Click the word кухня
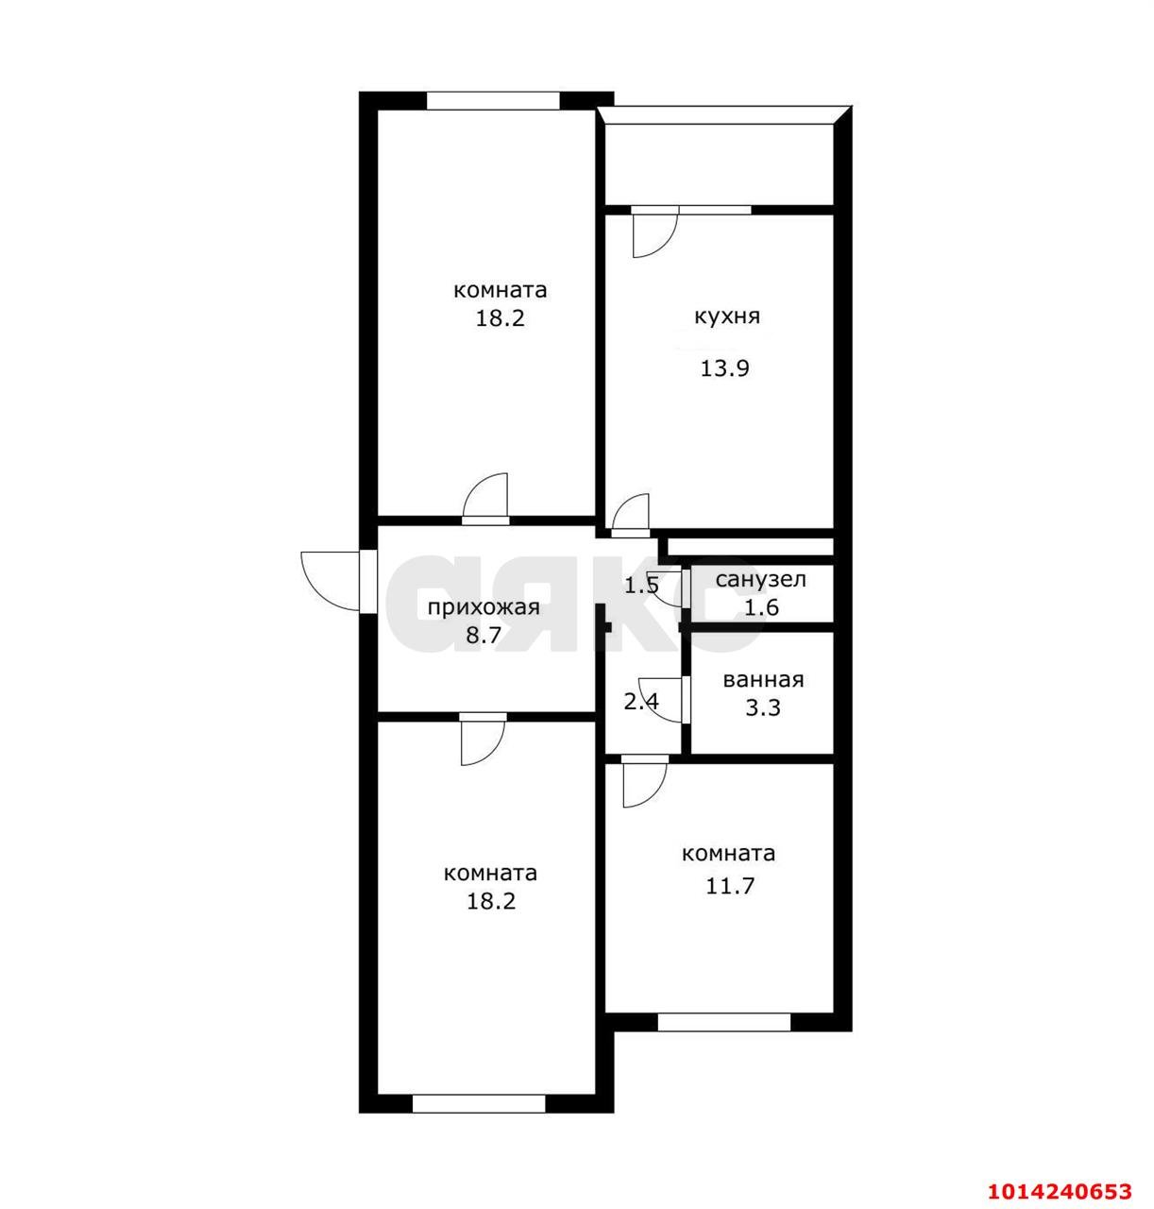tap(726, 316)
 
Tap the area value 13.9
tap(725, 368)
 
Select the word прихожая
tap(484, 607)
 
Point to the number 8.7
tap(484, 636)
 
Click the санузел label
tap(760, 580)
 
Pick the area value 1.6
tap(761, 607)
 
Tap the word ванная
tap(763, 680)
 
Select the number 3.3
tap(763, 707)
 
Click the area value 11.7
tap(729, 885)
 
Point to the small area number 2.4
tap(641, 702)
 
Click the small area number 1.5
tap(641, 586)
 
